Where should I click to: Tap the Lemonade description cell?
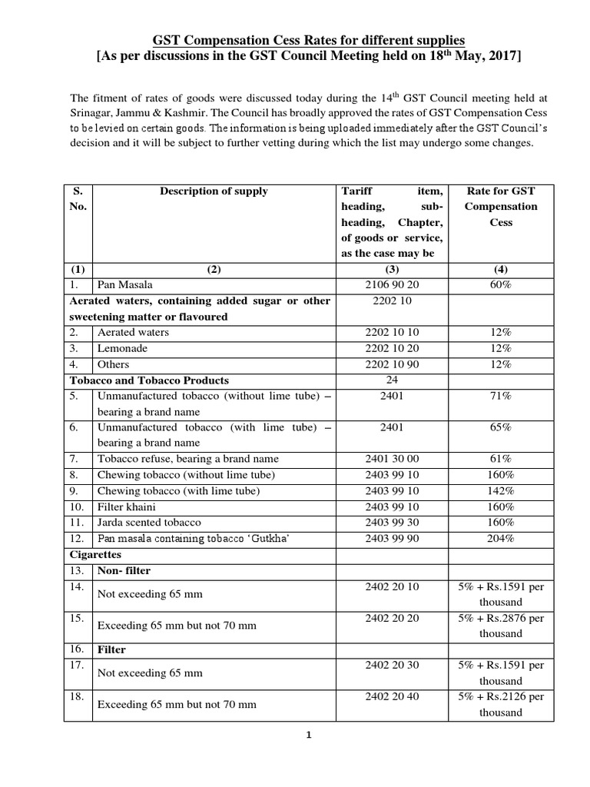click(x=122, y=348)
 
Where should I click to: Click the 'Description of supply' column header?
click(x=214, y=191)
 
